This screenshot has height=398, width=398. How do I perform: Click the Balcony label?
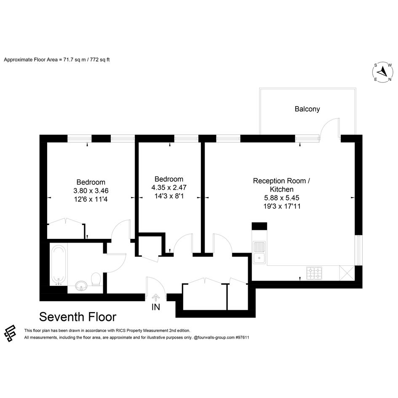point(307,109)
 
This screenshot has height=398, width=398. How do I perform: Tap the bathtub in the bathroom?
point(59,265)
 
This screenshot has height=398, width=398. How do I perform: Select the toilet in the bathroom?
point(96,279)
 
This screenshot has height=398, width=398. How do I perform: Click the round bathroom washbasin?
point(81,286)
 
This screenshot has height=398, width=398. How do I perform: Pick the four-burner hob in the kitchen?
point(314,273)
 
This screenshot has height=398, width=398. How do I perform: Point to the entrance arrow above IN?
point(155,297)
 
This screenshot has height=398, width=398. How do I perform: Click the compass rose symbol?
point(383,72)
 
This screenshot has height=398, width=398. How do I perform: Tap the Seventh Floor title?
point(77,317)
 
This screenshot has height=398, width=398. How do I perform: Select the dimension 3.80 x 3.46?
point(91,191)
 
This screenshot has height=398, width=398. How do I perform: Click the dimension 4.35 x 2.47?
point(169,187)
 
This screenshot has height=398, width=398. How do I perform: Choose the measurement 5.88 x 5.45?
point(282,198)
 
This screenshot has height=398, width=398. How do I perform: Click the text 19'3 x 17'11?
point(282,206)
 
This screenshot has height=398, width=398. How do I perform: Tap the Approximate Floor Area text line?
point(57,60)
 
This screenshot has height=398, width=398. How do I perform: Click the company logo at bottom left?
point(10,333)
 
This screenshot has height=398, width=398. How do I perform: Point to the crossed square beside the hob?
point(347,273)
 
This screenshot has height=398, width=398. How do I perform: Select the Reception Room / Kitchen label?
point(281,185)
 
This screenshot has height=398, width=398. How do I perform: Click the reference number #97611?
point(242,337)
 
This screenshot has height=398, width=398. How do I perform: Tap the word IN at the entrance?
point(155,307)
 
